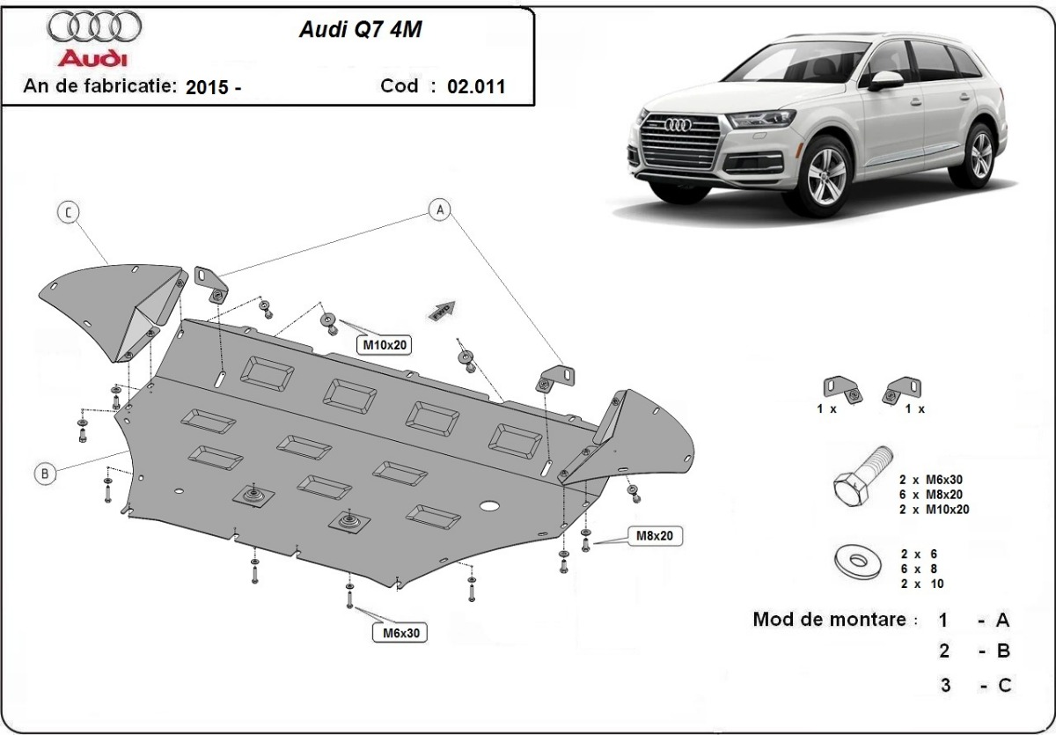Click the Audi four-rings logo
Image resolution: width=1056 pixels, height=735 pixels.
94,27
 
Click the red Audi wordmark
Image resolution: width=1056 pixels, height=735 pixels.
92,59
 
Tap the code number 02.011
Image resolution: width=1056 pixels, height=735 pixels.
476,86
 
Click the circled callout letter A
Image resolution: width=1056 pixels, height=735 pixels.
440,209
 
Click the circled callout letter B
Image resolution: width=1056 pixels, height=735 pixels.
46,473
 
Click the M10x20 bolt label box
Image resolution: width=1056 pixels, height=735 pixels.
385,345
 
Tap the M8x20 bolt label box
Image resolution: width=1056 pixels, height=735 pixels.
655,535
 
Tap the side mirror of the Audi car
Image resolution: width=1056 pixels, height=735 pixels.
885,80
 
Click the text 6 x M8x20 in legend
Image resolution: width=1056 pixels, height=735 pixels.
934,494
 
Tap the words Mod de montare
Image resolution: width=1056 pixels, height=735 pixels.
829,619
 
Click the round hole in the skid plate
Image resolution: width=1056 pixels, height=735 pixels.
489,507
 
